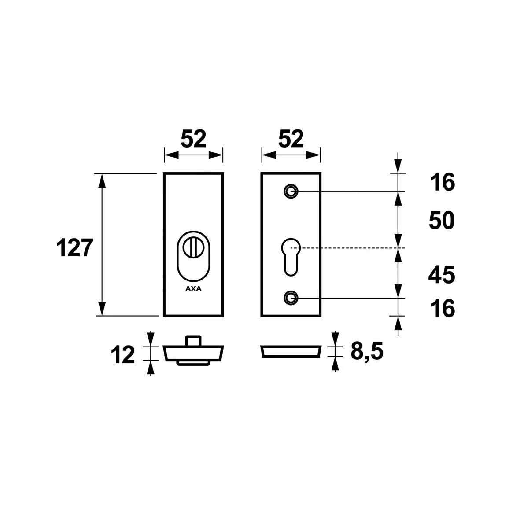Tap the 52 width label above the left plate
coord(193,139)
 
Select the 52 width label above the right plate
coord(291,139)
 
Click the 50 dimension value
coord(442,221)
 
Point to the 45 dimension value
coord(442,275)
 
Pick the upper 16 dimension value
coord(442,183)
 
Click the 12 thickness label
coord(123,355)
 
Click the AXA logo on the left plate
coord(193,289)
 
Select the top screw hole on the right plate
coord(291,192)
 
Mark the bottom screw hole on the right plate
coord(291,298)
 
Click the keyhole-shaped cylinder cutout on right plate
coord(291,255)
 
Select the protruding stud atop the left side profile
coord(193,341)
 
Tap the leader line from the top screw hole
coord(343,192)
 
